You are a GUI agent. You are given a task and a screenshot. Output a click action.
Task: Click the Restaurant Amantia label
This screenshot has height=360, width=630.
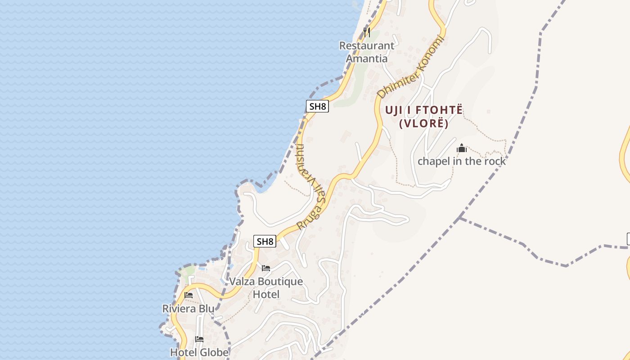click(366, 52)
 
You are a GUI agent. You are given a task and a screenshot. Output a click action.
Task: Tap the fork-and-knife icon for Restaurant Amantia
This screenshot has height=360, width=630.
click(367, 32)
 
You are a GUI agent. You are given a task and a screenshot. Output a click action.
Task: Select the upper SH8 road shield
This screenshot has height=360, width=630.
click(317, 106)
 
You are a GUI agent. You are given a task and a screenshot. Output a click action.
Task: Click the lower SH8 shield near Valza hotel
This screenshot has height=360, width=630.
click(265, 241)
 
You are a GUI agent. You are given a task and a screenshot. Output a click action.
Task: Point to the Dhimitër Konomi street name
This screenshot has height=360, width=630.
click(410, 67)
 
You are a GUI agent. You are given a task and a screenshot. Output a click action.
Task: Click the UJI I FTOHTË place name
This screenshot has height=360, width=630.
click(424, 110)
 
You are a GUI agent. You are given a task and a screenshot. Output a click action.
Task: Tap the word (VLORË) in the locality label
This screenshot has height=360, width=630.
click(424, 123)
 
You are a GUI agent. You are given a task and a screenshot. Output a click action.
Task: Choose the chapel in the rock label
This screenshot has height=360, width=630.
click(462, 161)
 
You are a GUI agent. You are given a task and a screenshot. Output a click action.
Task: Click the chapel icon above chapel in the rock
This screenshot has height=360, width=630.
click(462, 148)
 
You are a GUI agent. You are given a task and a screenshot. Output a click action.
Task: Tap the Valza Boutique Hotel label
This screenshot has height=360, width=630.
click(266, 288)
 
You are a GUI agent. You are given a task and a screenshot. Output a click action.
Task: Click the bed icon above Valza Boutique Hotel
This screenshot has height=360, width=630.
click(266, 269)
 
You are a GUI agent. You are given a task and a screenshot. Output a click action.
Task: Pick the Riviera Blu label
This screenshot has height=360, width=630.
click(188, 309)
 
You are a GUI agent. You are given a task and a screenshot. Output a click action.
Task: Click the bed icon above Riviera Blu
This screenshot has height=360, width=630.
click(189, 295)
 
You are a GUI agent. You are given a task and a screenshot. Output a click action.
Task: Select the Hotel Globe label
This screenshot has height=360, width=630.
click(199, 352)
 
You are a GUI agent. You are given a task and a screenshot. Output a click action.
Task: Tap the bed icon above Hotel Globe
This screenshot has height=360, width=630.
click(199, 339)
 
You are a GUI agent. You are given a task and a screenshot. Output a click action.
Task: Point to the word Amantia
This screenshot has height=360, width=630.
click(366, 58)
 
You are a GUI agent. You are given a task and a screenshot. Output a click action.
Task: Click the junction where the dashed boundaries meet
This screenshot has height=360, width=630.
click(459, 218)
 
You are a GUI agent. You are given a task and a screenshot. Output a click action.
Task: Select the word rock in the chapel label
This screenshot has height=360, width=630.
click(493, 161)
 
